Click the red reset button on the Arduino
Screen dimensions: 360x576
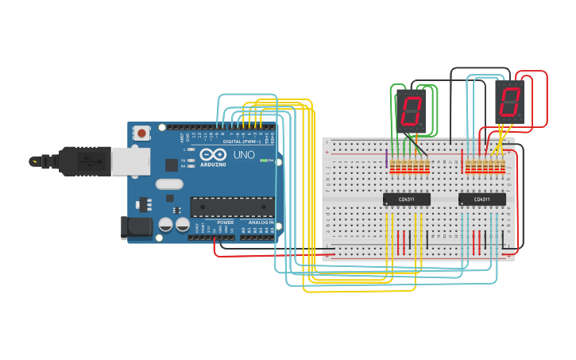[x=141, y=133]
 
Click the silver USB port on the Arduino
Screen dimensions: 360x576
[x=130, y=161]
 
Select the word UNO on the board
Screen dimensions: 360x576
[x=245, y=155]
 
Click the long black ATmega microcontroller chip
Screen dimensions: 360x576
[x=232, y=207]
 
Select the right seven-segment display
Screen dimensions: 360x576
[x=510, y=102]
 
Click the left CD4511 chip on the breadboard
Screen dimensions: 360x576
[x=407, y=199]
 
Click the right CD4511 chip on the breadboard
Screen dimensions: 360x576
[x=481, y=199]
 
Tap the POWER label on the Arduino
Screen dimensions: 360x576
[x=226, y=223]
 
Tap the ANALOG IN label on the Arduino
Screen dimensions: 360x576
[x=261, y=223]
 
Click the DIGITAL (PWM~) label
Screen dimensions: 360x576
[x=243, y=141]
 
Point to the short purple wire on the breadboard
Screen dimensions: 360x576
[x=387, y=159]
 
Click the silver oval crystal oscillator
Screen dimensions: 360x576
[x=169, y=184]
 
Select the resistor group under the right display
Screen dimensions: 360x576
[x=485, y=167]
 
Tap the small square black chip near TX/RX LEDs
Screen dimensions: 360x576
[x=172, y=165]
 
